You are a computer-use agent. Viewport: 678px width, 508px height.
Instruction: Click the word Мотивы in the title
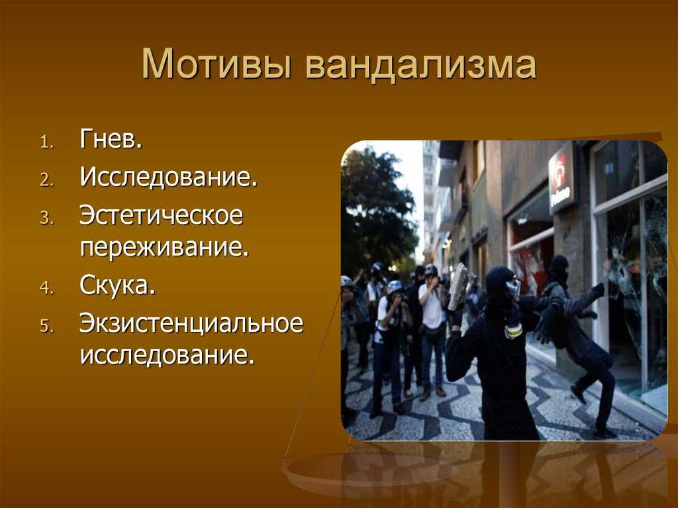click(217, 64)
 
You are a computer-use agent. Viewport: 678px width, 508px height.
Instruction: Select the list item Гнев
click(111, 138)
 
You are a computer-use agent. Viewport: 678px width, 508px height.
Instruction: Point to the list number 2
click(47, 179)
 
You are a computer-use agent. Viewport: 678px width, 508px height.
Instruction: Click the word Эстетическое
click(162, 215)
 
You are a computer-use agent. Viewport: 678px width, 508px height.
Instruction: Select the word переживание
click(164, 247)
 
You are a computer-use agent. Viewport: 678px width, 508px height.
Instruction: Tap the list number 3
click(47, 218)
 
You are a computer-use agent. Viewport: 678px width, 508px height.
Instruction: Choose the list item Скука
click(117, 285)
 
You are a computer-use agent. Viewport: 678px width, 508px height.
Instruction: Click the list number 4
click(47, 287)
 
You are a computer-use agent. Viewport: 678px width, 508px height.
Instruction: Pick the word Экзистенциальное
click(191, 323)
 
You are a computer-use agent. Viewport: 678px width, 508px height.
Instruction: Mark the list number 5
click(47, 326)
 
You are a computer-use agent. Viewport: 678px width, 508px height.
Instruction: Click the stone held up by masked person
click(458, 286)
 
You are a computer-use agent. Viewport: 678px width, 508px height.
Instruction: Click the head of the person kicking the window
click(559, 268)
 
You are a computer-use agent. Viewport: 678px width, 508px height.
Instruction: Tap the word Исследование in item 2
click(169, 177)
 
